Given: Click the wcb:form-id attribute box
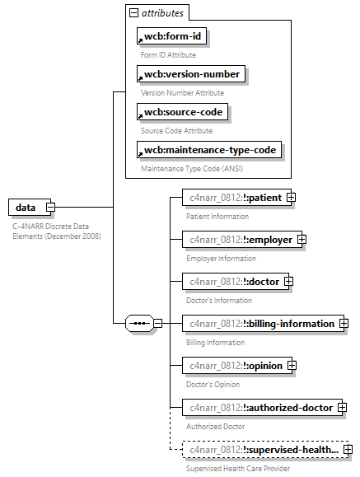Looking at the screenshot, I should pyautogui.click(x=170, y=36).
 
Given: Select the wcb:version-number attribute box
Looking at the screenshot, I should pyautogui.click(x=190, y=74).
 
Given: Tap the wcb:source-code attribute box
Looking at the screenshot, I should pyautogui.click(x=183, y=112).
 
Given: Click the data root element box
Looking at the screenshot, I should pyautogui.click(x=27, y=207).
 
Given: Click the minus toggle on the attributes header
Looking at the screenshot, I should pyautogui.click(x=133, y=13).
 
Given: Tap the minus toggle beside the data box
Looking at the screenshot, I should pyautogui.click(x=51, y=207).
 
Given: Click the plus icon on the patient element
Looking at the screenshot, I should pyautogui.click(x=291, y=198).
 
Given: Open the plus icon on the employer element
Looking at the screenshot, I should pyautogui.click(x=302, y=240).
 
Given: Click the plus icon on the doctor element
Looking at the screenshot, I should pyautogui.click(x=288, y=282).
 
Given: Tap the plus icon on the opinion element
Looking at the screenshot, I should pyautogui.click(x=292, y=366).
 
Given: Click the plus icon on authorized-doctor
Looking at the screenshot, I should pyautogui.click(x=342, y=408).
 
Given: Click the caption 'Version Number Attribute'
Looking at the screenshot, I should pyautogui.click(x=182, y=92).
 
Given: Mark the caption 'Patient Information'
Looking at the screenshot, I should pyautogui.click(x=217, y=216).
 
